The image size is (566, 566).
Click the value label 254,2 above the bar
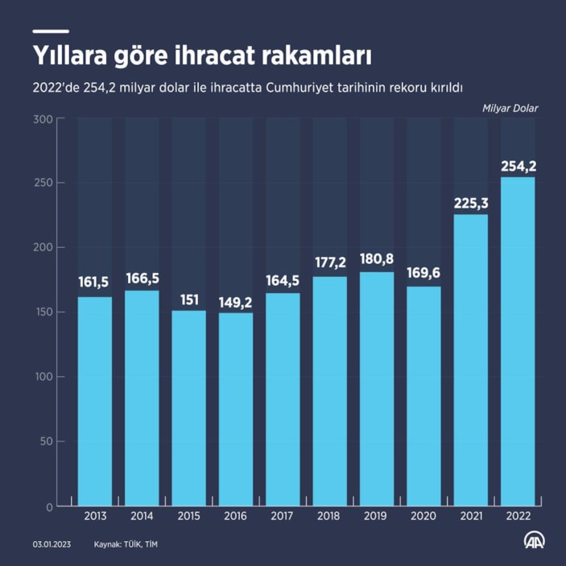[x=518, y=167]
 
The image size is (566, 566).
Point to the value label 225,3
[x=471, y=204]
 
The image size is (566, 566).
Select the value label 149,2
[x=236, y=303]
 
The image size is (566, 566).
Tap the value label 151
[x=189, y=300]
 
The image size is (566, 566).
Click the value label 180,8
[x=377, y=262]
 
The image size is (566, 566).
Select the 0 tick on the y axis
[x=49, y=506]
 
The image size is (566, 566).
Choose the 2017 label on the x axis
[x=283, y=517]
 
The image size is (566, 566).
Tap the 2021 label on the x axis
[x=471, y=517]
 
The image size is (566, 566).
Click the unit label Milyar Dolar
[x=510, y=108]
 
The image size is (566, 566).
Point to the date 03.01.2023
[x=52, y=545]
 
